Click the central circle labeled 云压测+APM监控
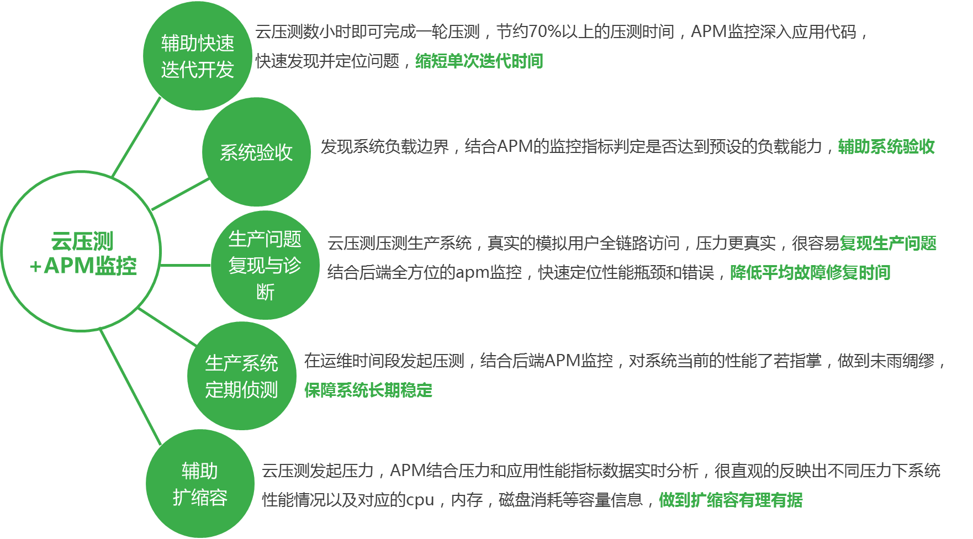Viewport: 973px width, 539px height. click(x=81, y=252)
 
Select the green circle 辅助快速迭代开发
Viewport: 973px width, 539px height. click(x=197, y=56)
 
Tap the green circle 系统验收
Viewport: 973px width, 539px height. click(x=256, y=152)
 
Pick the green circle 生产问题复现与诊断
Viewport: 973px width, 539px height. click(x=265, y=265)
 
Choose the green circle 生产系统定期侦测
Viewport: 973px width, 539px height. click(x=241, y=376)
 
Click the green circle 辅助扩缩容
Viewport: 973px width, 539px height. click(x=200, y=484)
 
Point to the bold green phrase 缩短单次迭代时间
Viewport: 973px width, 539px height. click(x=479, y=61)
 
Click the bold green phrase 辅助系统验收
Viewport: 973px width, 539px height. click(x=886, y=146)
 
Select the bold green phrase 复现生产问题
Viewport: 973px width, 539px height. click(x=888, y=243)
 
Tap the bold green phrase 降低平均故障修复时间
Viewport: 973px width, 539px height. click(x=810, y=272)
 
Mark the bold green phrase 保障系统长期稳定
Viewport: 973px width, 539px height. click(x=368, y=390)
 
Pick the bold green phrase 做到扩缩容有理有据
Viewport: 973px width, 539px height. click(x=731, y=500)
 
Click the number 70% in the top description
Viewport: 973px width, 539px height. click(x=544, y=32)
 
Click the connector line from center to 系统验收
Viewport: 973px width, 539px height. click(x=180, y=194)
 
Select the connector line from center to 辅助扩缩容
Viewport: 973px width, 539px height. click(x=130, y=387)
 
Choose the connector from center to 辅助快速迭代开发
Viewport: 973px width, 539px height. click(x=137, y=137)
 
